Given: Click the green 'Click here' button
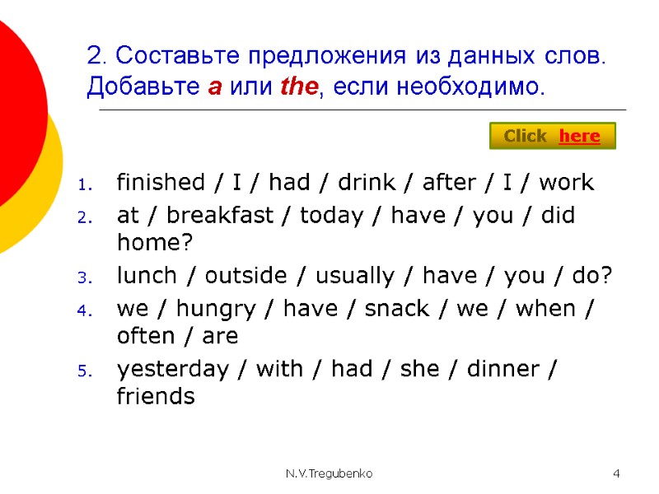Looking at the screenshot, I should coord(553,136).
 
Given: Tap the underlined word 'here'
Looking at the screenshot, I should coord(579,136).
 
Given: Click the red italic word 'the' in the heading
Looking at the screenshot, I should coord(297,86).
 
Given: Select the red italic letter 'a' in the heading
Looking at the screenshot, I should coord(214,86).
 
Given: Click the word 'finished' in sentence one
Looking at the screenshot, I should coord(161,182).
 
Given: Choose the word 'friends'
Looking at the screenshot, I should coord(157,397).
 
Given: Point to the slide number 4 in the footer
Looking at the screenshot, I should coord(616,474).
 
